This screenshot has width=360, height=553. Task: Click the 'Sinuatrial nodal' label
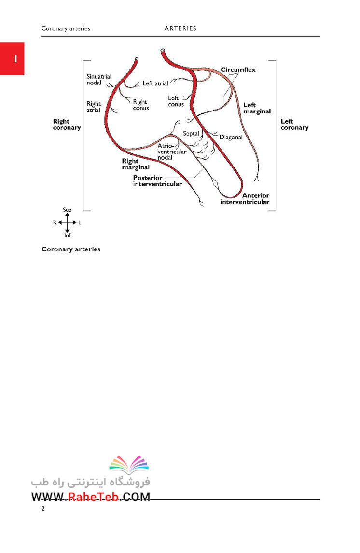click(99, 79)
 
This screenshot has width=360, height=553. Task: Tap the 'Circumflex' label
click(238, 69)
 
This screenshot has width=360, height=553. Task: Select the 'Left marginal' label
click(257, 108)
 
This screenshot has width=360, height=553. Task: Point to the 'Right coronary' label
click(67, 124)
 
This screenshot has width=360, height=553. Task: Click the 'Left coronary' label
click(294, 124)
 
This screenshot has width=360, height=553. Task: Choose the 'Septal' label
click(191, 133)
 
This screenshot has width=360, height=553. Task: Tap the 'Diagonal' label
click(231, 137)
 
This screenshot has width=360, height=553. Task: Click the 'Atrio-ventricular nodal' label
click(172, 152)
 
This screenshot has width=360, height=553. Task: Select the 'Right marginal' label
click(136, 164)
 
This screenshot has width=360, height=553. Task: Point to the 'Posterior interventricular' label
click(158, 180)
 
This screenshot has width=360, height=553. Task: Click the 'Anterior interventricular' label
click(245, 198)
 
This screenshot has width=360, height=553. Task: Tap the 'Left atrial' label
click(155, 83)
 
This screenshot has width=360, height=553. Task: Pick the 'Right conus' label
click(141, 105)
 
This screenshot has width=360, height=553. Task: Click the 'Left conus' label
click(176, 101)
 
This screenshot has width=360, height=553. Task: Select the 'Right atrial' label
click(94, 107)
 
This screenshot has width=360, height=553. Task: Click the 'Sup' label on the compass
click(67, 210)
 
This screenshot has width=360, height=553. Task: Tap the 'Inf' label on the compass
click(68, 235)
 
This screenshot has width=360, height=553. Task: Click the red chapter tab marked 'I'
click(12, 58)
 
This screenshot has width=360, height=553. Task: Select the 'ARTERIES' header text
click(180, 28)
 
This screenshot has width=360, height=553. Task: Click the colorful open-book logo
click(129, 464)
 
